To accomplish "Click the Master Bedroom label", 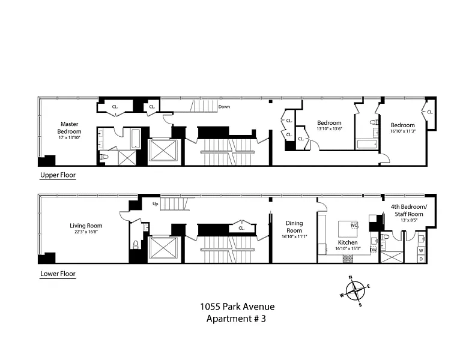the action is (x=69, y=128).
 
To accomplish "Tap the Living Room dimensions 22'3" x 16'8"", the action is (x=86, y=232).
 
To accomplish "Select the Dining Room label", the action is (x=294, y=227).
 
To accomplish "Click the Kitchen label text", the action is (x=348, y=242).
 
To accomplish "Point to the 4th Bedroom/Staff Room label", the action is (x=409, y=210).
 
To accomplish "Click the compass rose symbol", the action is (x=355, y=291).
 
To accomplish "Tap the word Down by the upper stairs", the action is (x=224, y=107).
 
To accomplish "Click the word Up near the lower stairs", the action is (x=155, y=204).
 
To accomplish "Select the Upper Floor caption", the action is (x=58, y=175).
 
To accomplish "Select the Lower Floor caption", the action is (x=58, y=274).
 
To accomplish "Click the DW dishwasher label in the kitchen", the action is (x=374, y=250).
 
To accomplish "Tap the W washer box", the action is (x=421, y=251).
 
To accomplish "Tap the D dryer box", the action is (x=421, y=259).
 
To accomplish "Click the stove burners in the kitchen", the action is (x=348, y=258).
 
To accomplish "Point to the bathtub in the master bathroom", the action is (x=136, y=138).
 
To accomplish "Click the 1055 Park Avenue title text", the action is (x=237, y=306).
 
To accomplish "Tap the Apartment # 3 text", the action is (x=236, y=319).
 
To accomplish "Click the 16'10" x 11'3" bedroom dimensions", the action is (x=403, y=131).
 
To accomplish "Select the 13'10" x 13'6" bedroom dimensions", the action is (x=329, y=128).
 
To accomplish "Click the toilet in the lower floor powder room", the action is (x=136, y=244).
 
